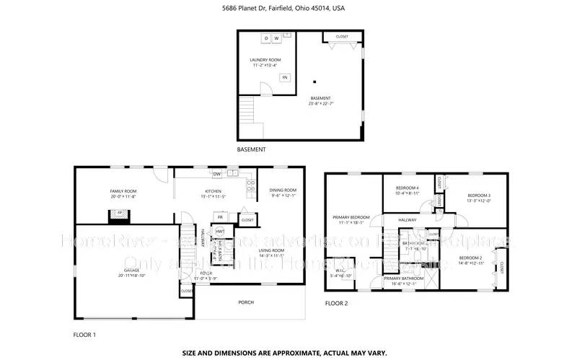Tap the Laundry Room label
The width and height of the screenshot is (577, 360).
[x=265, y=62]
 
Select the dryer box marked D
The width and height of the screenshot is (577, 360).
[x=265, y=38]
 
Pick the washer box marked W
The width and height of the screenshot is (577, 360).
[x=276, y=38]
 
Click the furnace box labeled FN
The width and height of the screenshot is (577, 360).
[x=285, y=77]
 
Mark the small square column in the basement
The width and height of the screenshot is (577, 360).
[x=314, y=81]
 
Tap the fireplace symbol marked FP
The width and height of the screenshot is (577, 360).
[x=114, y=213]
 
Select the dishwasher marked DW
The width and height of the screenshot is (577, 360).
[x=216, y=174]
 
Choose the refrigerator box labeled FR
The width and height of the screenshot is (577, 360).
[x=220, y=216]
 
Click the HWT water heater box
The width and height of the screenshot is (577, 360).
[x=220, y=231]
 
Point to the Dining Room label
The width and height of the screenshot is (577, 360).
[x=283, y=193]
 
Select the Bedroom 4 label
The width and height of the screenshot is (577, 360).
[x=408, y=190]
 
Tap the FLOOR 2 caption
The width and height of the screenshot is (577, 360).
[x=336, y=304]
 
